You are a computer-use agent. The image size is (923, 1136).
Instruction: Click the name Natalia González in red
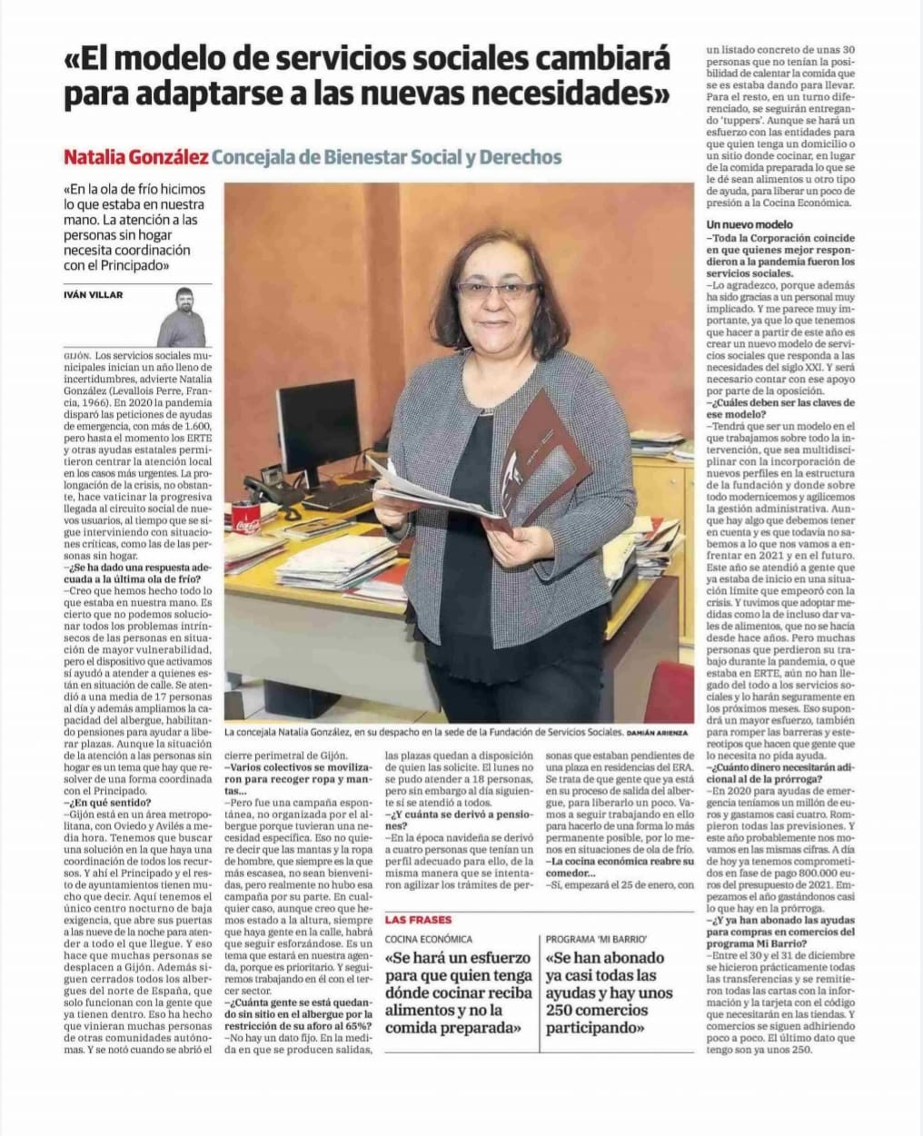click(135, 157)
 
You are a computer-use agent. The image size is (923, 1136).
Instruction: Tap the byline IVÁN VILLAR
click(94, 294)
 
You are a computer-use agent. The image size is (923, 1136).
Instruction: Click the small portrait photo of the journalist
click(182, 317)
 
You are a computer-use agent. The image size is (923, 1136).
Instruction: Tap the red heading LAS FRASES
click(418, 920)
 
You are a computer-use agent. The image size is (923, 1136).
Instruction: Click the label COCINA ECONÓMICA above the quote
click(429, 939)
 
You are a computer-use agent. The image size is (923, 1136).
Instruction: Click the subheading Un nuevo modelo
click(749, 224)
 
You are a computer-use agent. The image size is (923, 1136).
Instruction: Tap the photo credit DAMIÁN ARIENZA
click(659, 732)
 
